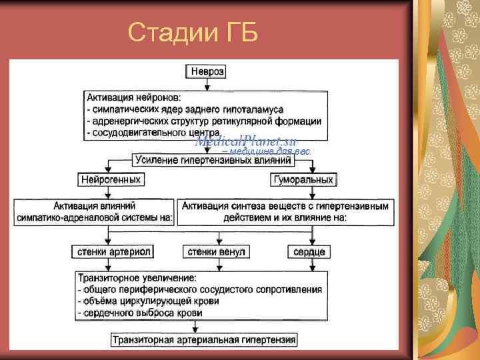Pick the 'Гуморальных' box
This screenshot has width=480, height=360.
click(x=303, y=179)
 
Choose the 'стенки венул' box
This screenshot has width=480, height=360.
click(x=216, y=251)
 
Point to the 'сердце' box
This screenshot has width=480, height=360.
click(x=309, y=251)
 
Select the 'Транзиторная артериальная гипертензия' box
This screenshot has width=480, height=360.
click(x=203, y=339)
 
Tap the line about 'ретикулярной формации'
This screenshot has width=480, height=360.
click(x=204, y=121)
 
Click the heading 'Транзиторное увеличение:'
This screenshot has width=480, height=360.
click(x=137, y=277)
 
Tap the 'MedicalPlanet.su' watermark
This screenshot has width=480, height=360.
click(x=246, y=141)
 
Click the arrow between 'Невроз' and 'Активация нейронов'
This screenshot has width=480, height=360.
click(x=207, y=84)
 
